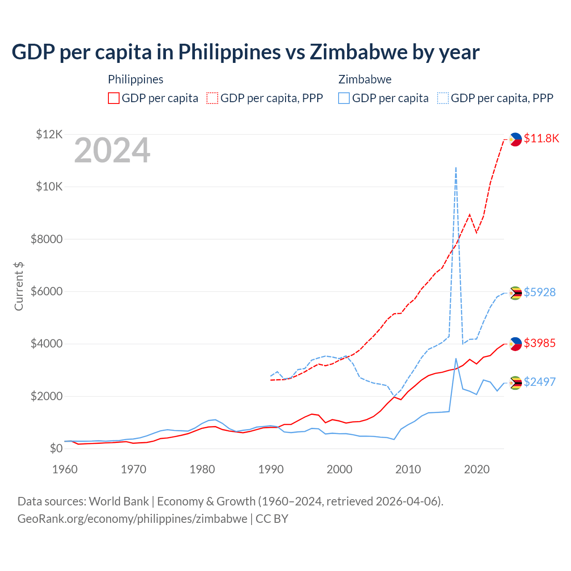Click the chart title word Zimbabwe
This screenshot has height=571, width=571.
click(359, 52)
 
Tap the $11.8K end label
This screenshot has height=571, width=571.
click(541, 138)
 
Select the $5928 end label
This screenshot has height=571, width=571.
click(539, 292)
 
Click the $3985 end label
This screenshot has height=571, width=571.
click(539, 343)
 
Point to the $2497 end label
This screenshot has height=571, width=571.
click(539, 382)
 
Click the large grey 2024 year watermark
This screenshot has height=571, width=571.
click(112, 151)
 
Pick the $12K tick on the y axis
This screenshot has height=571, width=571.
click(49, 134)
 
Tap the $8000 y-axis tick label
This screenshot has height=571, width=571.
click(46, 239)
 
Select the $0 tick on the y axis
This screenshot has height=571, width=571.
click(56, 448)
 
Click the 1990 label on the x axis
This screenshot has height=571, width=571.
click(271, 469)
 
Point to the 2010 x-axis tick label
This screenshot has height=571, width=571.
click(408, 469)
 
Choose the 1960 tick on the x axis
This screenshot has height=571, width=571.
click(65, 469)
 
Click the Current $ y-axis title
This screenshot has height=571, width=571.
click(19, 286)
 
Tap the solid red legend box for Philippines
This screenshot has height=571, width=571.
click(114, 98)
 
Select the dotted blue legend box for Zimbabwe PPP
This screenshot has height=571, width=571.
click(443, 98)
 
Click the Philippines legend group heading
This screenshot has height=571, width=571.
click(136, 79)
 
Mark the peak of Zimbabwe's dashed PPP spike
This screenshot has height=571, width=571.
click(455, 167)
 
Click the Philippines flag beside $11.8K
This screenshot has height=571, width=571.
click(515, 139)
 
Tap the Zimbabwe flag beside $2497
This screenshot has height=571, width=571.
click(515, 383)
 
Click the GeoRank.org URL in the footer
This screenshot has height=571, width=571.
click(132, 519)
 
